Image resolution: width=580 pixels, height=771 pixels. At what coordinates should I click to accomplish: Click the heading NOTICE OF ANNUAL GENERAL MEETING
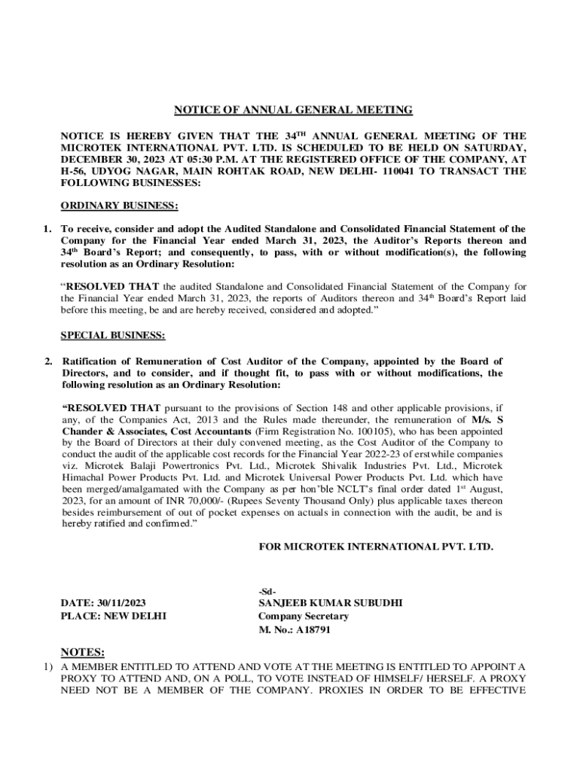tap(293, 110)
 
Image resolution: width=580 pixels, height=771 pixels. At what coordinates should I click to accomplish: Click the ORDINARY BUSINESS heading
tap(119, 206)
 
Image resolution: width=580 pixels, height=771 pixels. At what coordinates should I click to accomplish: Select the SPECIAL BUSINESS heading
tap(113, 335)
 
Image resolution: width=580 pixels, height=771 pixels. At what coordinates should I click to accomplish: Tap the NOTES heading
tap(82, 652)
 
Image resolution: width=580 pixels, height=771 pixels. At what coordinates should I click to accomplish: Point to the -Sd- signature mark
tap(266, 590)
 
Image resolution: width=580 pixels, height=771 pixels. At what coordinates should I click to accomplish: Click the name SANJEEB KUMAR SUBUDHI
tap(330, 603)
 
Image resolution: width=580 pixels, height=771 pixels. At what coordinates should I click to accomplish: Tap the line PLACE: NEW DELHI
tap(113, 616)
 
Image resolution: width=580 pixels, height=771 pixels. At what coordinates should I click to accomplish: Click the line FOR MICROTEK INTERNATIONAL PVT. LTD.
tap(375, 547)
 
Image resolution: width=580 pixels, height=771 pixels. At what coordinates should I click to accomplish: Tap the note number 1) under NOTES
tap(47, 667)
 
